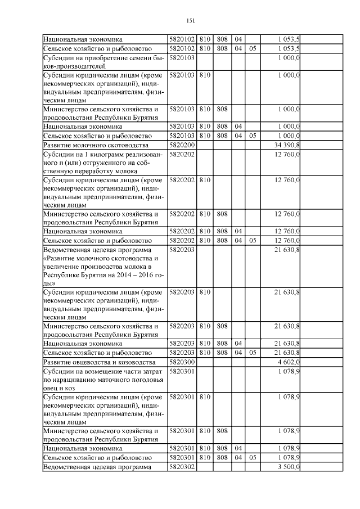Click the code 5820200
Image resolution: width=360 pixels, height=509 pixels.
point(182,145)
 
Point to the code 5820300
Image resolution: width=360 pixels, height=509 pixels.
point(182,361)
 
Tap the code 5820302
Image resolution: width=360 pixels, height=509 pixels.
point(182,467)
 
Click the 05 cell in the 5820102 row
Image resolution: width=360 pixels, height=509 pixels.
point(253,48)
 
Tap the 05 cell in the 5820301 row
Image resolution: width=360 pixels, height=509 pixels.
point(253,458)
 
